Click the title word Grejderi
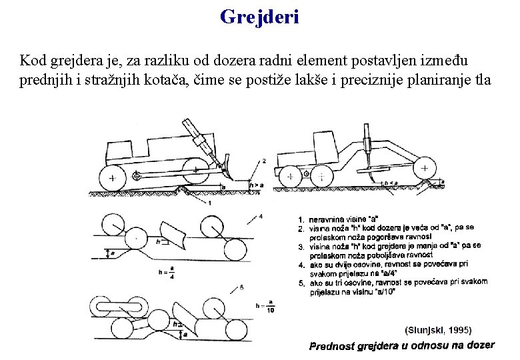260,16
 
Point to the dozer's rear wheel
112,177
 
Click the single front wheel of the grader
424,169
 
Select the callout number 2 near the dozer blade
264,161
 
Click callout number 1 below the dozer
211,202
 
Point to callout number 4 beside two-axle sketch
261,215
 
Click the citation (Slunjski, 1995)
438,329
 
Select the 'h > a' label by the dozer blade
255,185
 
